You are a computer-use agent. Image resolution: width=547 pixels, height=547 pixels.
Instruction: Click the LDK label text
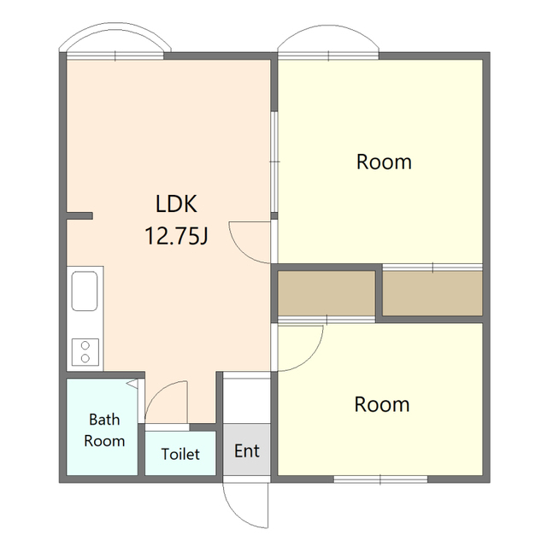(176, 204)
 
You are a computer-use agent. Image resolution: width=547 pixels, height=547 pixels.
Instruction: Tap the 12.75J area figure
(176, 236)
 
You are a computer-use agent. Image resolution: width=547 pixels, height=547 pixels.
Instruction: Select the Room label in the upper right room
(384, 162)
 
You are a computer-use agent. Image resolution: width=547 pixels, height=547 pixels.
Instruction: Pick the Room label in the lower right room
(382, 404)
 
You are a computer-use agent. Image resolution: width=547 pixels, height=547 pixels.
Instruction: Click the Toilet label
(180, 454)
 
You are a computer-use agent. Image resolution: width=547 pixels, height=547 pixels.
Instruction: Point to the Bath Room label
(104, 430)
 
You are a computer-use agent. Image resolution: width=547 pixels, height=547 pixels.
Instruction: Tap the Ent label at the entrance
(247, 451)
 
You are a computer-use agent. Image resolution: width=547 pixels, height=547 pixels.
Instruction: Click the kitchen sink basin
(85, 291)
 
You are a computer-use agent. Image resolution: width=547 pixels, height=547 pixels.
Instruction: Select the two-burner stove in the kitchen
(85, 352)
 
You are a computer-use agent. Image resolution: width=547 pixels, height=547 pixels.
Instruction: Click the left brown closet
(326, 293)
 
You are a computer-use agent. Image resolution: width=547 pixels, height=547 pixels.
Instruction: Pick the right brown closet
(432, 293)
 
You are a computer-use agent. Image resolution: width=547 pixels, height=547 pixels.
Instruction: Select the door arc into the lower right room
(311, 359)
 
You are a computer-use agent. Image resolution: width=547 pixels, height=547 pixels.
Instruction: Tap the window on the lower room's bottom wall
(380, 479)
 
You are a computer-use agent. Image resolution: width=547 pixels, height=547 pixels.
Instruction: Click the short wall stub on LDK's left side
(79, 216)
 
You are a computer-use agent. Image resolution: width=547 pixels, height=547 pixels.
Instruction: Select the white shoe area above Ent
(247, 397)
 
